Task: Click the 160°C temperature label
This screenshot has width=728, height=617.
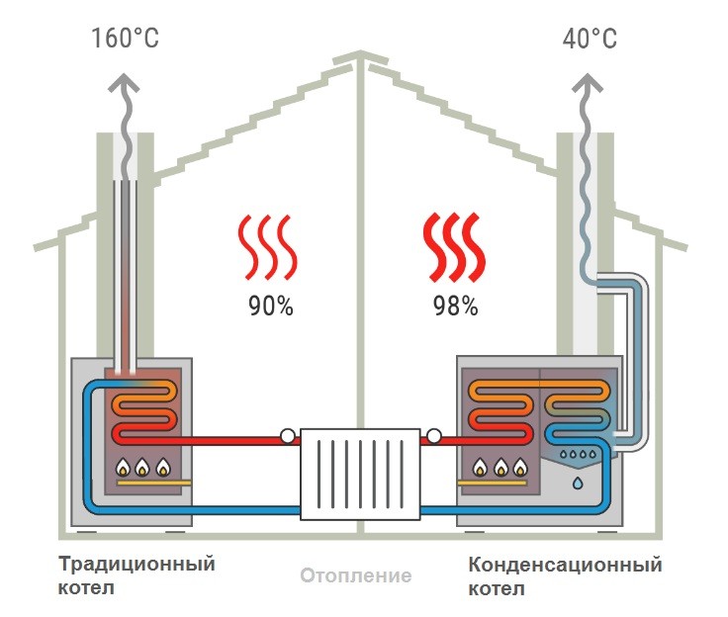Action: point(125,39)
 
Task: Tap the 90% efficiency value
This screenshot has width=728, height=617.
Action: point(270,307)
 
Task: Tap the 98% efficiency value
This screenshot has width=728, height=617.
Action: point(455,307)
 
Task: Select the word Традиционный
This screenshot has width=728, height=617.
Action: point(136,566)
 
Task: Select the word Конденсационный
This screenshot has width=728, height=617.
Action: point(565,566)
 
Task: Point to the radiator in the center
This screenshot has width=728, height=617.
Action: point(359,472)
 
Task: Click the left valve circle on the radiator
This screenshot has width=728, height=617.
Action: point(287,435)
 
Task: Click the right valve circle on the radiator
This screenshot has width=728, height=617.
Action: point(433,435)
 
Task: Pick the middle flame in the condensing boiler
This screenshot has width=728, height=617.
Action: point(502,466)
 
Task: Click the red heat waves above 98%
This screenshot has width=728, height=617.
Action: point(454,247)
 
